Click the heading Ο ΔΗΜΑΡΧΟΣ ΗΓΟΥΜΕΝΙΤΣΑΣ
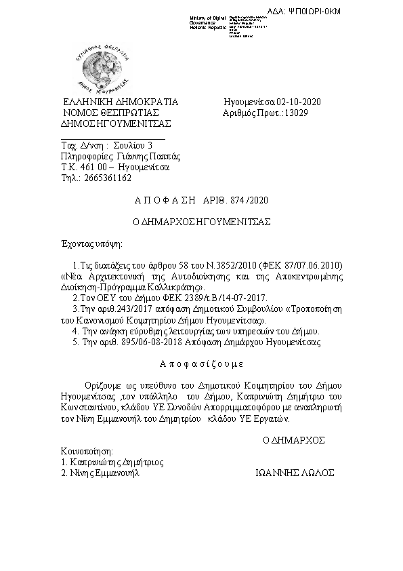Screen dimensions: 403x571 (x=201, y=222)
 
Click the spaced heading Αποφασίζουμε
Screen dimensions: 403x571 (x=201, y=363)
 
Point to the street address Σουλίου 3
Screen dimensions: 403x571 (x=133, y=146)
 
